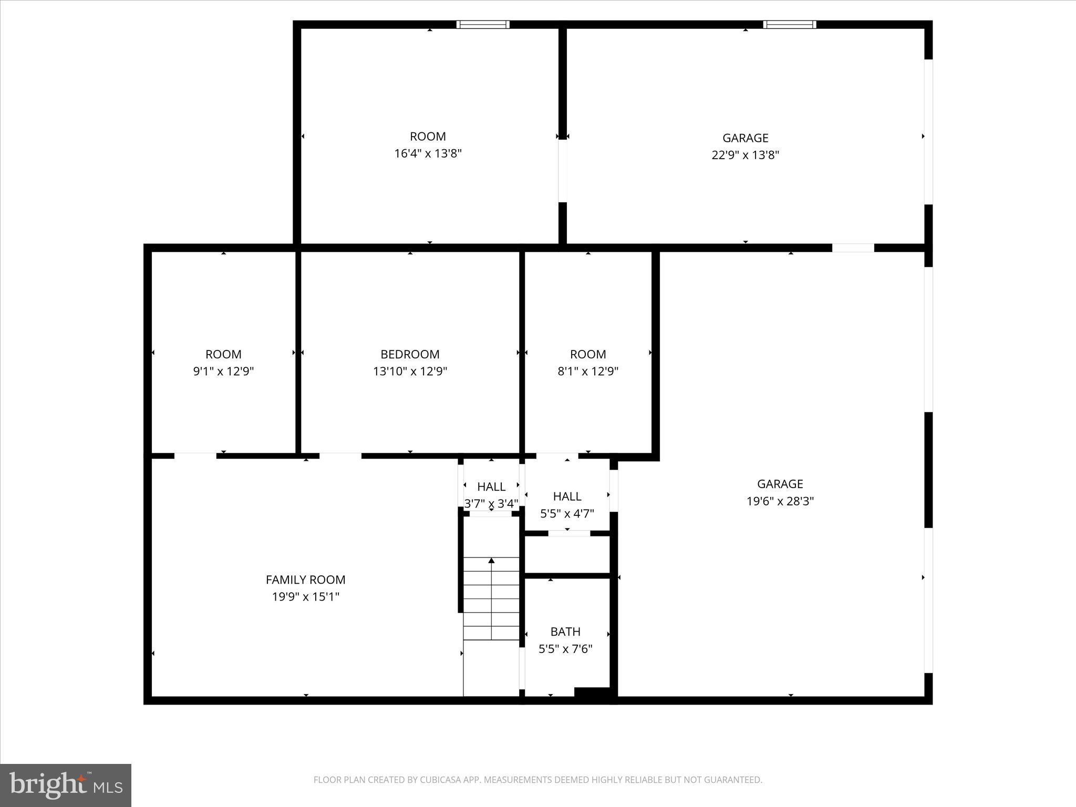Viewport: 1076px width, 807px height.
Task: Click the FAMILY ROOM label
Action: pos(305,580)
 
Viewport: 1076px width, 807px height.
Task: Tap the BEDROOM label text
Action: pos(410,354)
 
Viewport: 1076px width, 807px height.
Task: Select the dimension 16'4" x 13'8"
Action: pos(428,153)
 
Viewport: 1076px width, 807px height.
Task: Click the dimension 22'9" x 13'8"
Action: pos(745,155)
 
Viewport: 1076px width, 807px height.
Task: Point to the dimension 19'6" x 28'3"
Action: pos(780,501)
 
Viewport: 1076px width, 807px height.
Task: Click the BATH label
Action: pos(565,632)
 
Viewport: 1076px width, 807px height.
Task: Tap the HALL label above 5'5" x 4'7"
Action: pos(567,496)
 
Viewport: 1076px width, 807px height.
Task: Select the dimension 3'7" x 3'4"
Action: pos(491,504)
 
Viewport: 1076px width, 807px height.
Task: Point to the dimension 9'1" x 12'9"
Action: pos(223,371)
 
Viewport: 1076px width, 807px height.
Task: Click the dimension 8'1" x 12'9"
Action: pos(587,371)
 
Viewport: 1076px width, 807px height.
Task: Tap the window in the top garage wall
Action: pos(789,24)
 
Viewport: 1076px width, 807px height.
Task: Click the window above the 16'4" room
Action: pos(482,24)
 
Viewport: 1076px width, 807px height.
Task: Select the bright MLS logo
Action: pos(66,785)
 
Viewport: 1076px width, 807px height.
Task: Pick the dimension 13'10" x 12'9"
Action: pos(410,371)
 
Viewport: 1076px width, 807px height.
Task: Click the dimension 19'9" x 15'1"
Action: pos(305,597)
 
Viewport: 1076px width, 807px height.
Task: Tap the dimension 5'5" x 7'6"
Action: pos(565,649)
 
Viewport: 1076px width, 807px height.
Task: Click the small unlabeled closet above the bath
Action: pos(567,555)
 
